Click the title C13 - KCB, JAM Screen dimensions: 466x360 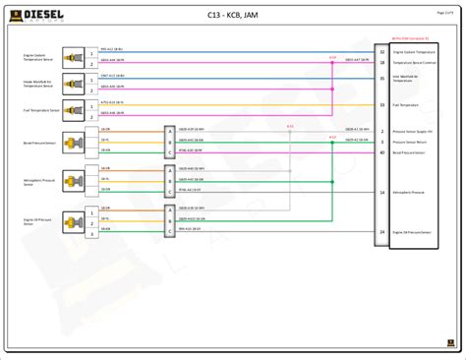(x=234, y=16)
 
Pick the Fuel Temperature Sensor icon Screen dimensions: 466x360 (x=69, y=109)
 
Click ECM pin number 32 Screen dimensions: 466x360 (x=381, y=49)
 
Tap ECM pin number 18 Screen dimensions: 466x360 (x=381, y=62)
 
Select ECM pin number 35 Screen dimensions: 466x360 (x=381, y=77)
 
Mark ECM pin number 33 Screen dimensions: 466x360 (x=381, y=104)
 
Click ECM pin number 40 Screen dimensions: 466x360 (x=381, y=152)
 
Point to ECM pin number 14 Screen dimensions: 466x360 (x=381, y=192)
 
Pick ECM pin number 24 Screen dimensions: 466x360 (x=381, y=232)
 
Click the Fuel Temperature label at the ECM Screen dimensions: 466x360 (x=406, y=104)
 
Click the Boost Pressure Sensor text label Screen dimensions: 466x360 (x=37, y=142)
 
